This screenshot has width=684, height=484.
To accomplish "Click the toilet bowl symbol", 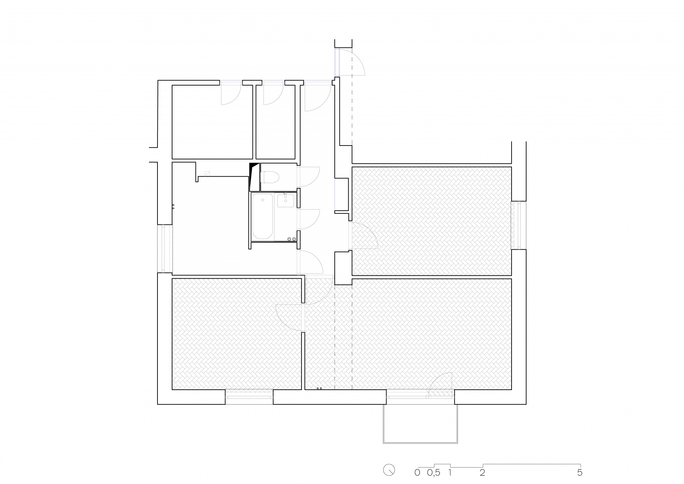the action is (270, 178).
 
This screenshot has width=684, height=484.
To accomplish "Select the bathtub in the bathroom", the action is (262, 216).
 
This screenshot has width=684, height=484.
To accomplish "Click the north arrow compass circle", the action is (389, 470).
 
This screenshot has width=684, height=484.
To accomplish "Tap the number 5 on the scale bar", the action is (579, 473).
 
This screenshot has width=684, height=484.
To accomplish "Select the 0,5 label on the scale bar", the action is (433, 473).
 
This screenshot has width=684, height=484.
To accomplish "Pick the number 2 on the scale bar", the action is (483, 473).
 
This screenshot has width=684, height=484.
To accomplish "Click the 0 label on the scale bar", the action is (417, 473).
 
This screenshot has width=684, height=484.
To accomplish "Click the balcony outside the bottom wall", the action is (420, 424).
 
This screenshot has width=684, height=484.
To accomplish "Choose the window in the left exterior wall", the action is (165, 248).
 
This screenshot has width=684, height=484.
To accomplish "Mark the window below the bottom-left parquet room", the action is (249, 397).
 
